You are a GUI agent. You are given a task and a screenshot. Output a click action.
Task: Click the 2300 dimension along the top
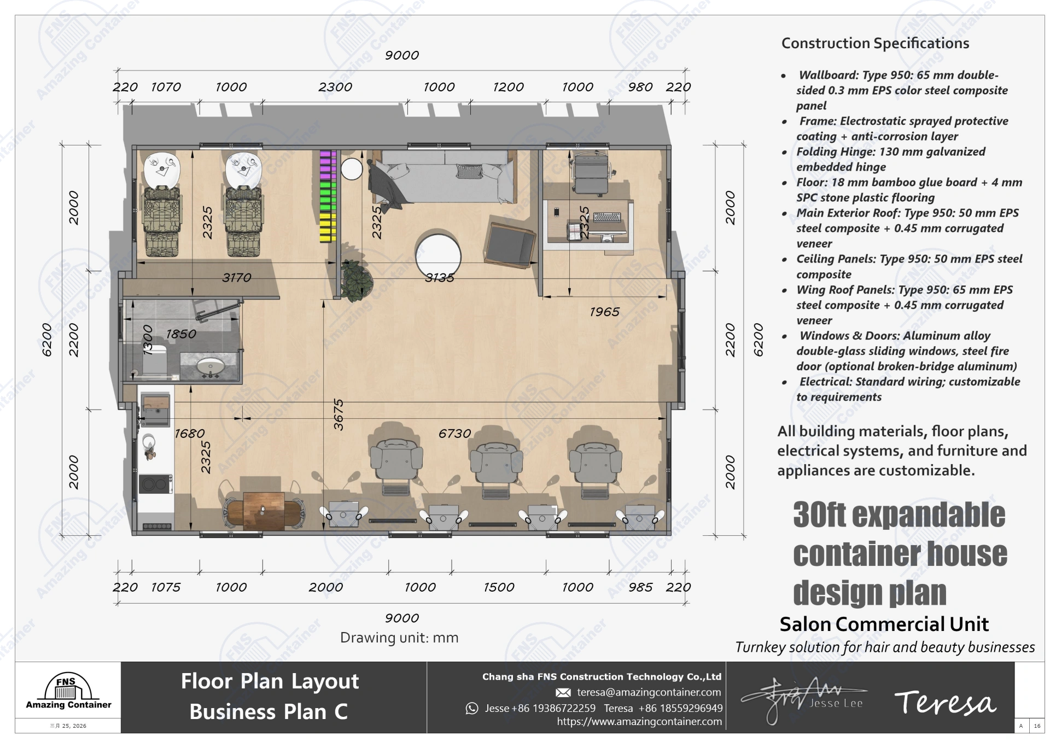335,87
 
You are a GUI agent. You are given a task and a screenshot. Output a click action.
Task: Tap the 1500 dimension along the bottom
499,587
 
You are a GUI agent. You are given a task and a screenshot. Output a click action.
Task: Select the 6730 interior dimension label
454,434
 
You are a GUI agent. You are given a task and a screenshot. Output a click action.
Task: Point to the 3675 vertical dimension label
339,414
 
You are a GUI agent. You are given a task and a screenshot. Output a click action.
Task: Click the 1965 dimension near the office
604,312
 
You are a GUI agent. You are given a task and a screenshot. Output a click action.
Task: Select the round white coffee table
438,256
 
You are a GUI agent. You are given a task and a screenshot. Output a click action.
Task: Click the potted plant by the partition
357,280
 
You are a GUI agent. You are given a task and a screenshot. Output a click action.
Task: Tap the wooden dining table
264,511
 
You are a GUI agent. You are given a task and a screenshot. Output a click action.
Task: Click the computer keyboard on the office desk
607,217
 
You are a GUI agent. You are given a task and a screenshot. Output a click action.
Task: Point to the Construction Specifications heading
875,43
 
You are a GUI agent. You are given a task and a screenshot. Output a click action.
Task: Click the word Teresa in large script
945,703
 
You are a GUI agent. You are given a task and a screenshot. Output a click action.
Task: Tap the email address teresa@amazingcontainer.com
649,692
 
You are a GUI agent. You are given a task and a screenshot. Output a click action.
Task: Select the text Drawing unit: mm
399,638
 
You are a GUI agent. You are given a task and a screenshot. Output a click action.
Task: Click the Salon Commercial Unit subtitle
884,624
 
